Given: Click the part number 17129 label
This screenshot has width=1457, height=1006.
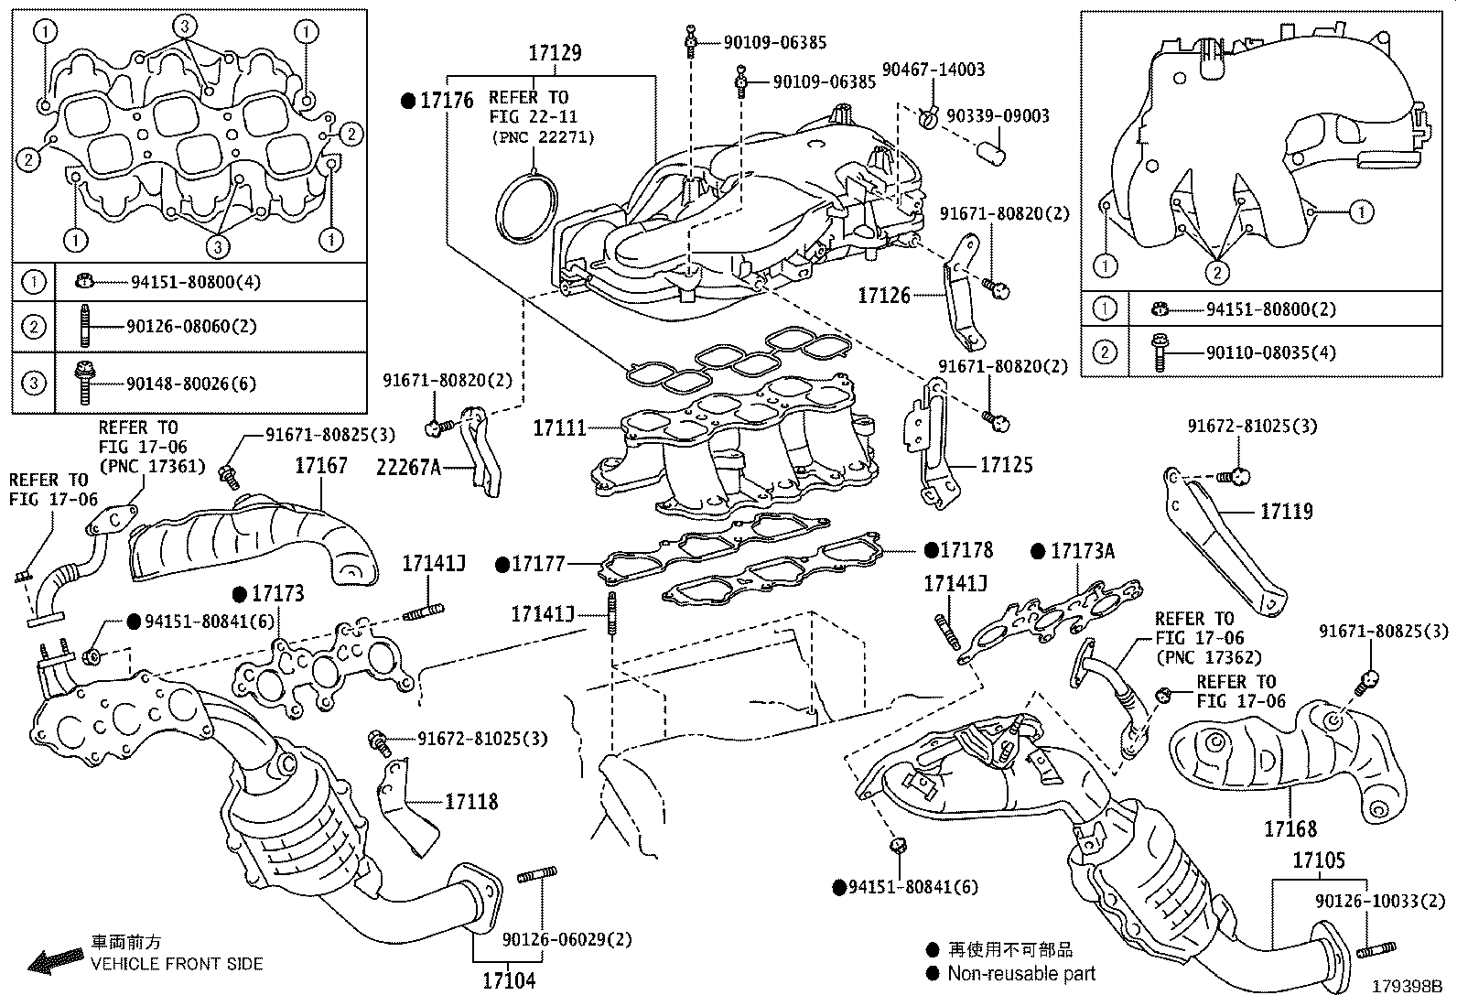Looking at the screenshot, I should pos(554,54).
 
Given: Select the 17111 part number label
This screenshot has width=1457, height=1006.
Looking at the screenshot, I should pos(559,427).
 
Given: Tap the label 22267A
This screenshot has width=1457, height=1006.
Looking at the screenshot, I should pos(408,468).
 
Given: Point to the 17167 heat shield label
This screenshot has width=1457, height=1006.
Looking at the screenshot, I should pos(320,466).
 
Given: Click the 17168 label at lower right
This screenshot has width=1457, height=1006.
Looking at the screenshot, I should pos(1290,829).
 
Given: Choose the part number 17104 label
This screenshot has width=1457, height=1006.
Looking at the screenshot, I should pos(509,981).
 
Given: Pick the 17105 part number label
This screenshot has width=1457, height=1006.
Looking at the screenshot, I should pos(1319,861).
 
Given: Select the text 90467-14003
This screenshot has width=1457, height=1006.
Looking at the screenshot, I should pos(933,70).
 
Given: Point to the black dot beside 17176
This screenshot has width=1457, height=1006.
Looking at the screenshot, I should pos(408,102).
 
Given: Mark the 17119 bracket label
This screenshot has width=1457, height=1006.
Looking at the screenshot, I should pos(1286,512).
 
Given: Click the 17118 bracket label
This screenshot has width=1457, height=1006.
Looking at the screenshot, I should pos(471,802).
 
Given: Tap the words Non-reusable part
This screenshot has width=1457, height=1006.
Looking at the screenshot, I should pos(1020,974).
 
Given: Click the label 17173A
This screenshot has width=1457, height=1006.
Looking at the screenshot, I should pos(1083,551).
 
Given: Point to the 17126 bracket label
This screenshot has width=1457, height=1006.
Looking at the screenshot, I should pos(883,296).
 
